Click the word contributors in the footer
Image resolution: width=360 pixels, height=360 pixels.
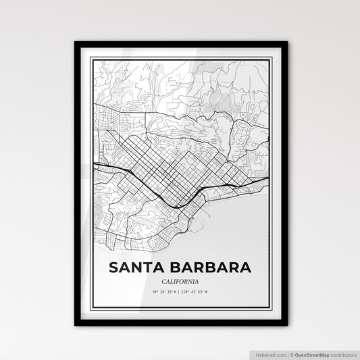pos(341,354)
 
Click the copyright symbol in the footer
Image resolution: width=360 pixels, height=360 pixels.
pos(290,354)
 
